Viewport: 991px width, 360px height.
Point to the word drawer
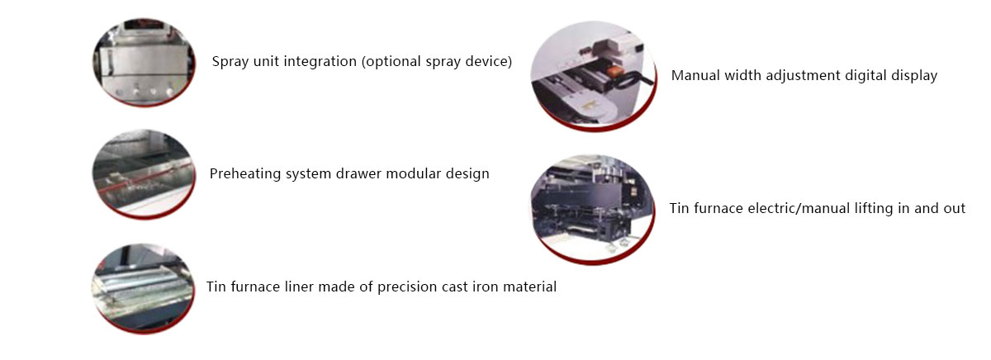[x=354, y=174]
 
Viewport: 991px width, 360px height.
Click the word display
[x=913, y=75]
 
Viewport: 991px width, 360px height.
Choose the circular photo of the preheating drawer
[x=144, y=173]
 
